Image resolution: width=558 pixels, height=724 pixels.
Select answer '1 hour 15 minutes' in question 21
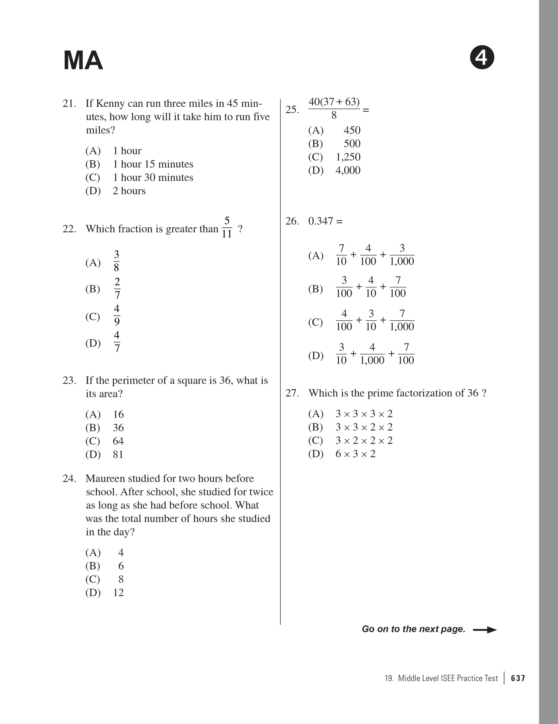153,164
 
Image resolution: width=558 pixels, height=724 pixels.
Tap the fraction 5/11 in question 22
227,227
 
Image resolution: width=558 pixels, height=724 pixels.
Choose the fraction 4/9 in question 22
117,315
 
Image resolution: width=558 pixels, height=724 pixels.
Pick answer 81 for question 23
118,454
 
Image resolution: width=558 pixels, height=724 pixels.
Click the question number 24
69,478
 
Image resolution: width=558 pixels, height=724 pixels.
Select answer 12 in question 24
118,593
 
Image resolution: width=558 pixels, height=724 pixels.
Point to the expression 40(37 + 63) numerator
334,102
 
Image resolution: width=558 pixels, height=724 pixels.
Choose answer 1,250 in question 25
348,157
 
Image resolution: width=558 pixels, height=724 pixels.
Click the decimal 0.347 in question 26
321,221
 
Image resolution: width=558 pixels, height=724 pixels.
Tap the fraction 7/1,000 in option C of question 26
402,320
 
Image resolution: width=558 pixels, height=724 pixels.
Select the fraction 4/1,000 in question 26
372,354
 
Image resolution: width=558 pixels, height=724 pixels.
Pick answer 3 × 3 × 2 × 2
364,427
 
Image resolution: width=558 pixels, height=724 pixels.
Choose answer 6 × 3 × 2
355,454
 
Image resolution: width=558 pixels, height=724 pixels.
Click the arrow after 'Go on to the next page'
485,630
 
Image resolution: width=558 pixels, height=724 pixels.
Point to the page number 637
518,678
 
